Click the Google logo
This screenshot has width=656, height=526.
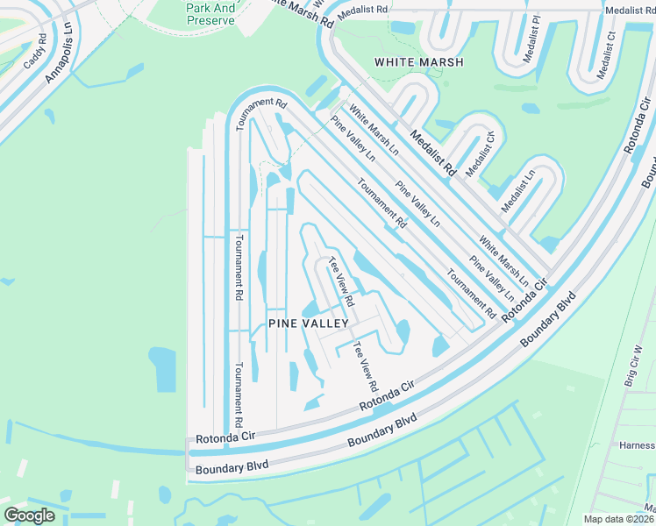(x=30, y=515)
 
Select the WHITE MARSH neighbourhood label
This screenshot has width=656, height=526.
(x=418, y=62)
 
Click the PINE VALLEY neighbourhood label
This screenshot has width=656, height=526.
(x=309, y=323)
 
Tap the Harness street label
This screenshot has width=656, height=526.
(x=636, y=444)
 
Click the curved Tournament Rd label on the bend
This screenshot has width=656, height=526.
(x=261, y=110)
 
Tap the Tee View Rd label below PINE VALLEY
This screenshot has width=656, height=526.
(x=365, y=366)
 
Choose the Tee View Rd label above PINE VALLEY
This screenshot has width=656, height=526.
(x=340, y=281)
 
